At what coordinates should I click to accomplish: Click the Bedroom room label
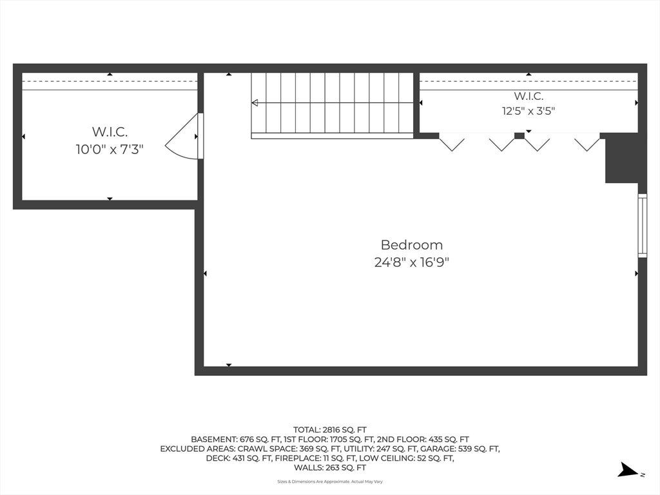tap(412, 245)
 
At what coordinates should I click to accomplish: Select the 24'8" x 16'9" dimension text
tap(412, 263)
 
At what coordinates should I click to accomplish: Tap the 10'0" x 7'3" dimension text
tap(110, 149)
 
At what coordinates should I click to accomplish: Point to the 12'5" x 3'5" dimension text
tap(529, 111)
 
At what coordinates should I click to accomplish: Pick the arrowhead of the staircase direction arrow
tap(255, 102)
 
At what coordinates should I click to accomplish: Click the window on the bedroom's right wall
tap(643, 225)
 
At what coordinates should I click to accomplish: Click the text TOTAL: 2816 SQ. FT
tap(330, 430)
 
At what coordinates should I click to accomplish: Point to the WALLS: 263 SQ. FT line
tap(330, 468)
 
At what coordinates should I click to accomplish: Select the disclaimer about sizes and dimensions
tap(330, 481)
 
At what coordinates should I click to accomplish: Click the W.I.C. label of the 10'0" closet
tap(110, 131)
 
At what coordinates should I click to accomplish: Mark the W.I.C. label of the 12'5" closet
tap(529, 96)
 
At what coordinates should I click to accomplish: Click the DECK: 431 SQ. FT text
tap(238, 458)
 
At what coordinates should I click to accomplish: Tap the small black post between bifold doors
tap(519, 135)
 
